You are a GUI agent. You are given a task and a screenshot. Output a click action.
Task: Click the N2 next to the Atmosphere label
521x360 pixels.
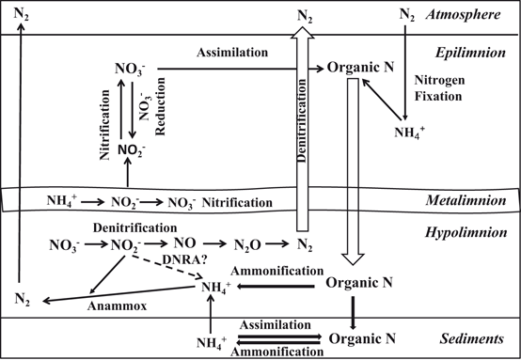[x=406, y=15]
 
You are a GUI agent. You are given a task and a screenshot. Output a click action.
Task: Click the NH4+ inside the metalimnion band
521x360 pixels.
[x=65, y=200]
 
